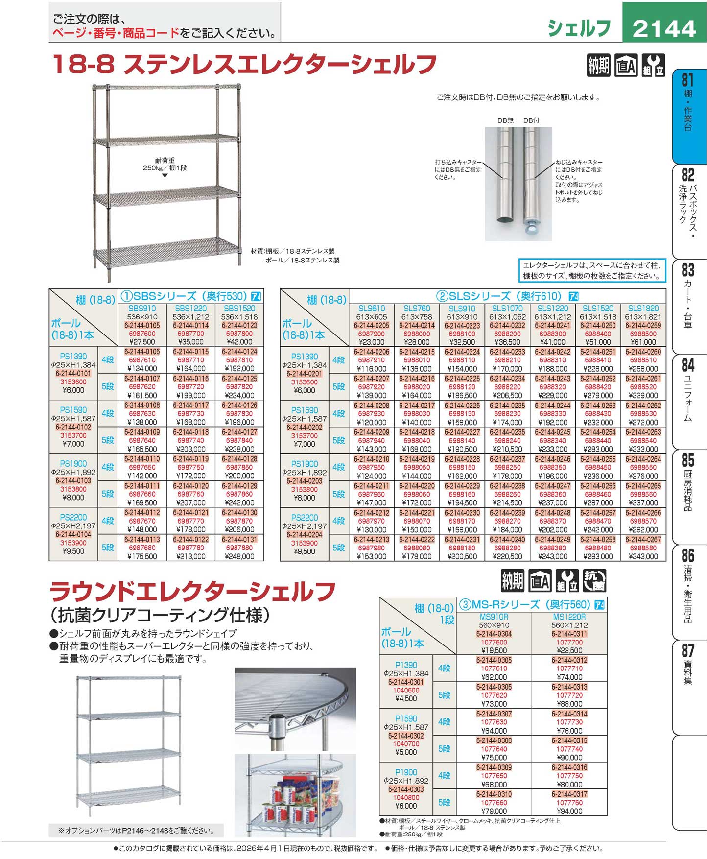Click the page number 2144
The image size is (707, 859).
click(x=664, y=28)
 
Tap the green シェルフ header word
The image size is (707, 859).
click(x=579, y=28)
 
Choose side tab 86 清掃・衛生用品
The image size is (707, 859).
click(x=688, y=585)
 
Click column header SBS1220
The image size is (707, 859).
click(x=191, y=309)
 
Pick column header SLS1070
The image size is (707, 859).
click(x=507, y=309)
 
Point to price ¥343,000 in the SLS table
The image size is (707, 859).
click(x=643, y=556)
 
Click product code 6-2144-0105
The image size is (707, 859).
click(x=142, y=325)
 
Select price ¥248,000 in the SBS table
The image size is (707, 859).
click(x=239, y=556)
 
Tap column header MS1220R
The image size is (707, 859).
click(x=569, y=617)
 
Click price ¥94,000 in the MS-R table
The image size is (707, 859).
click(x=569, y=811)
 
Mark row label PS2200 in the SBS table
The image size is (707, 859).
click(x=73, y=517)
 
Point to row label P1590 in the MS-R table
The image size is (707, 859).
click(x=406, y=718)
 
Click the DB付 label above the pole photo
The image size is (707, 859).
click(x=531, y=120)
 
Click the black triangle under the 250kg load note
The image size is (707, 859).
click(x=165, y=175)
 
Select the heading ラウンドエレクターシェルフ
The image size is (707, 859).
click(x=193, y=591)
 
